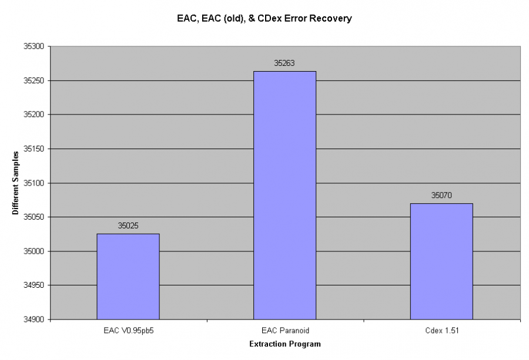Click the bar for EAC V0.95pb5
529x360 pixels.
128,276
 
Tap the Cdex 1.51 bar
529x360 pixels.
441,261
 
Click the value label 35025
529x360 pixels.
128,226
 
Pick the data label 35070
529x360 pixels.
441,195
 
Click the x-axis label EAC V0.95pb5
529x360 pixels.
128,331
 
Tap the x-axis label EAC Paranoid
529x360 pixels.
284,331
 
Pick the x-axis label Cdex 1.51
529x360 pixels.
441,331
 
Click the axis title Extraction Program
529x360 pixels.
285,344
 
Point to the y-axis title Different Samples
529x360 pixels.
16,183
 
